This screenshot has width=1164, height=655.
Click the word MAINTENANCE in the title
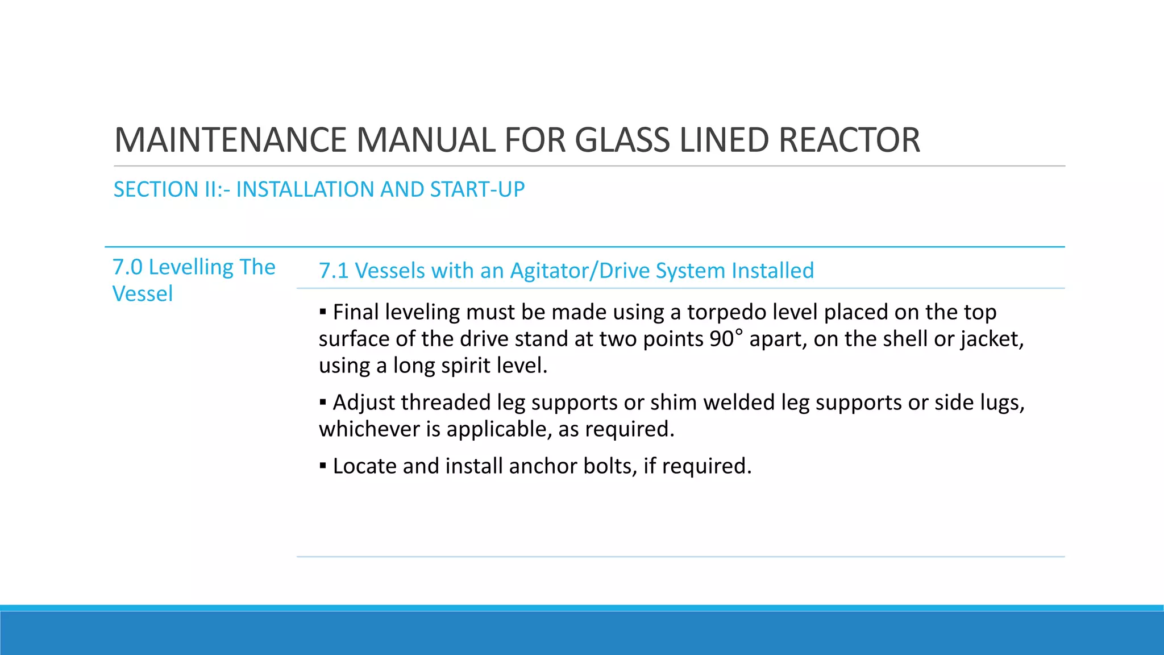pyautogui.click(x=230, y=140)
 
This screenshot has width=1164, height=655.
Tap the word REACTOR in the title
pyautogui.click(x=849, y=140)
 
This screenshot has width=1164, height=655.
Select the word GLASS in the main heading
pyautogui.click(x=623, y=140)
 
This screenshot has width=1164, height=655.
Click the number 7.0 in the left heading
pyautogui.click(x=127, y=267)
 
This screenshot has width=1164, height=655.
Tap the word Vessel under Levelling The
pyautogui.click(x=143, y=294)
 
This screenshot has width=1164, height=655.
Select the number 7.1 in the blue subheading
pyautogui.click(x=333, y=271)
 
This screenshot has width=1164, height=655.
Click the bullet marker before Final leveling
pyautogui.click(x=323, y=312)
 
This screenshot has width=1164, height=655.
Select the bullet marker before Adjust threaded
pyautogui.click(x=323, y=402)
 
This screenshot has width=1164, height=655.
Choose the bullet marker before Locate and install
pyautogui.click(x=323, y=466)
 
